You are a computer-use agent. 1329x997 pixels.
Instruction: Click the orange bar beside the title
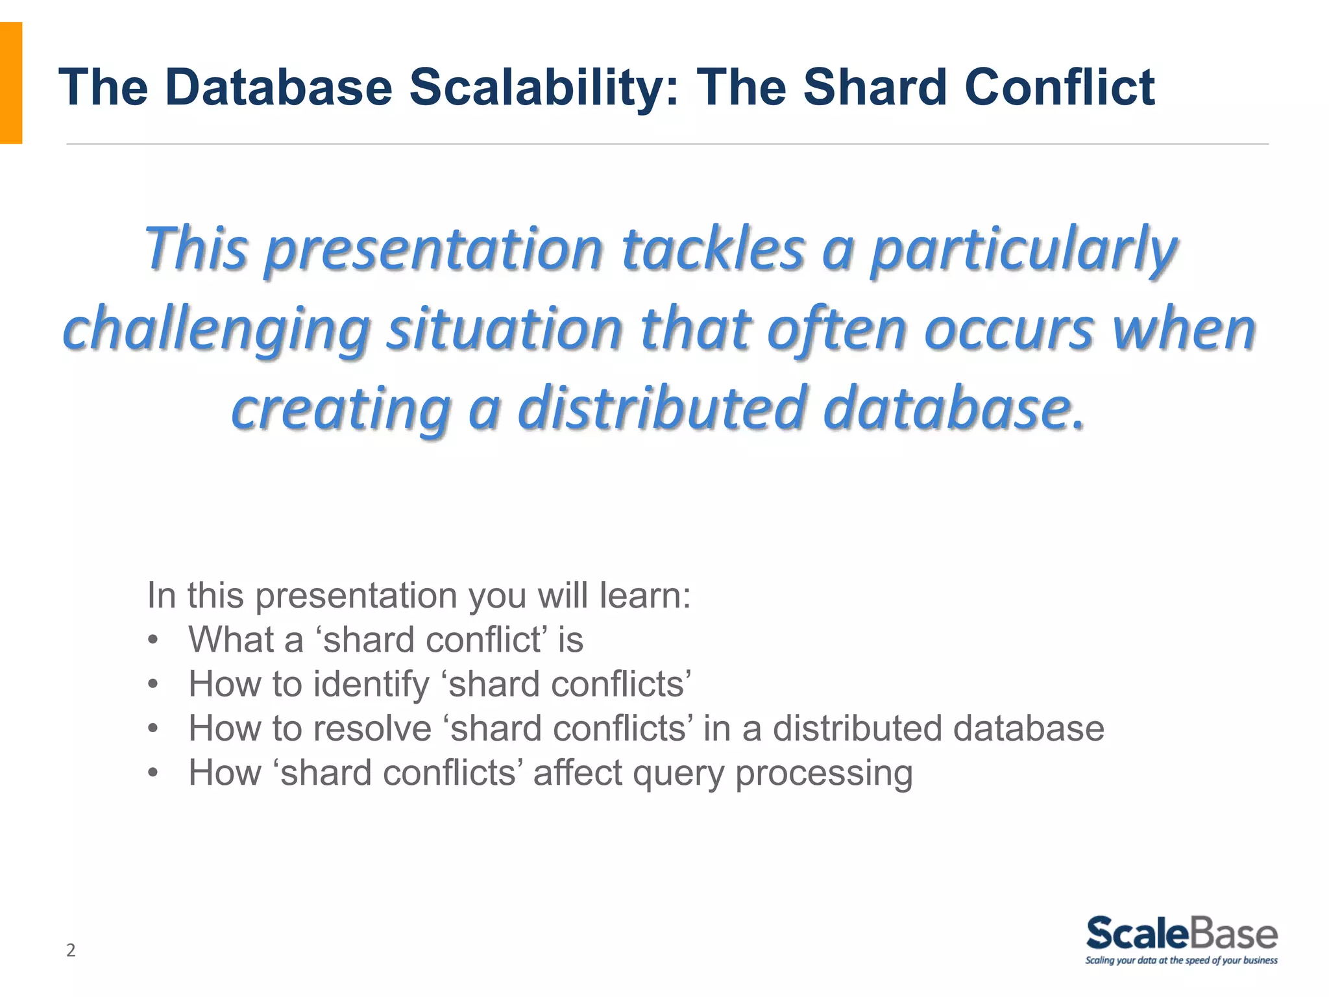(x=11, y=83)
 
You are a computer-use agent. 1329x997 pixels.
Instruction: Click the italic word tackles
(x=713, y=250)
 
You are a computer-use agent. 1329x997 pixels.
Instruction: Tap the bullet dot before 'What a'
(x=153, y=640)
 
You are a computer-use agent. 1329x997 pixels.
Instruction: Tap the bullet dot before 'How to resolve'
(x=153, y=729)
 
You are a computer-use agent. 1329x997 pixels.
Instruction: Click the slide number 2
(x=71, y=950)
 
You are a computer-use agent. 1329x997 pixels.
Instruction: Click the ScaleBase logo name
(x=1181, y=934)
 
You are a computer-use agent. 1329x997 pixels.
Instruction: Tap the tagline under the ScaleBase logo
(x=1181, y=961)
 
